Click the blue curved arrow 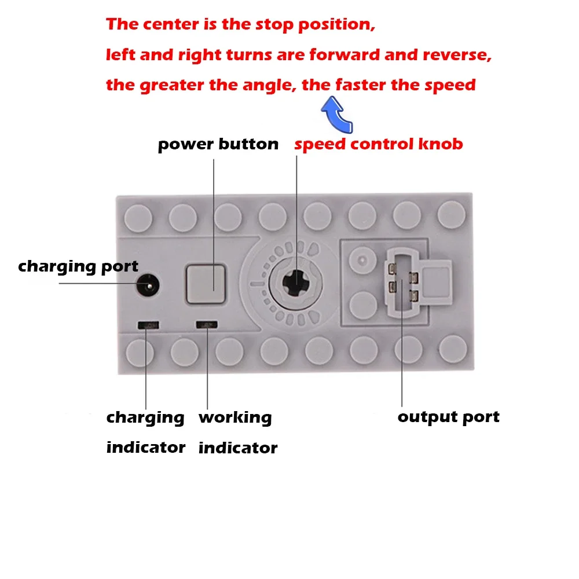click(337, 114)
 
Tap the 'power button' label click(218, 144)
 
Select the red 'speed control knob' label click(379, 144)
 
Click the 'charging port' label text click(78, 266)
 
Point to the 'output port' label click(448, 417)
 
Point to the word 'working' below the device click(235, 417)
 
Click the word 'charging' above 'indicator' click(145, 417)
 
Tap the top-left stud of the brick click(138, 217)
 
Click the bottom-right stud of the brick click(452, 350)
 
